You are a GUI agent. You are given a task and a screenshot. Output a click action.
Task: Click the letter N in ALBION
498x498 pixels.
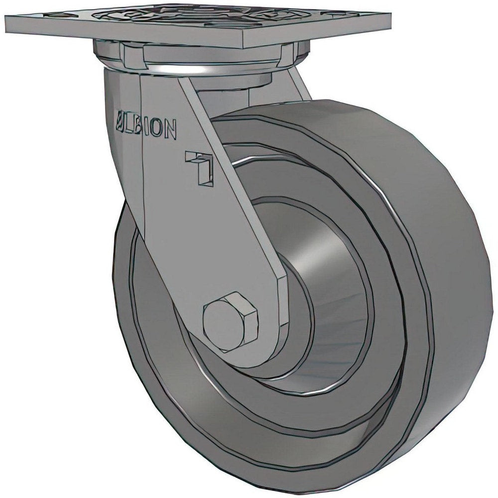coord(169,132)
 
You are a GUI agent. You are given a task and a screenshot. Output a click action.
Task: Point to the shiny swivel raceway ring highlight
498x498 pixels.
coord(199,70)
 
